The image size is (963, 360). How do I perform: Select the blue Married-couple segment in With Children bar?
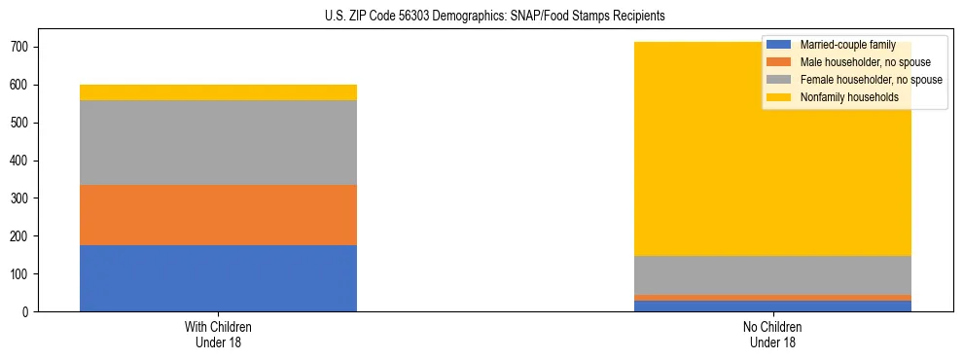(218, 278)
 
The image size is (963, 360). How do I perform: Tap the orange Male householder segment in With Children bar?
(218, 215)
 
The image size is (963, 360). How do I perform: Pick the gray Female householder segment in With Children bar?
(218, 142)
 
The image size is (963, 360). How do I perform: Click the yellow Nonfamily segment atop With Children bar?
(218, 92)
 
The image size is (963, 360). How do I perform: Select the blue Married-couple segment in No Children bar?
(772, 306)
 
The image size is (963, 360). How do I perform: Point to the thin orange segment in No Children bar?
(772, 298)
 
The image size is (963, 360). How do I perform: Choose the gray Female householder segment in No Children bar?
(772, 275)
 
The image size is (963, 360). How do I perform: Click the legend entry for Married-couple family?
(846, 45)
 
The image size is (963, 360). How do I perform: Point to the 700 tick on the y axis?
(20, 47)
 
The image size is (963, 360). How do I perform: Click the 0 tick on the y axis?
(28, 311)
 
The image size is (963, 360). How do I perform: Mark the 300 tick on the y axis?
(20, 198)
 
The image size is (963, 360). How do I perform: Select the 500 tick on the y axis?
(20, 123)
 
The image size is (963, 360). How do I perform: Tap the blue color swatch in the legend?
(779, 45)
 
